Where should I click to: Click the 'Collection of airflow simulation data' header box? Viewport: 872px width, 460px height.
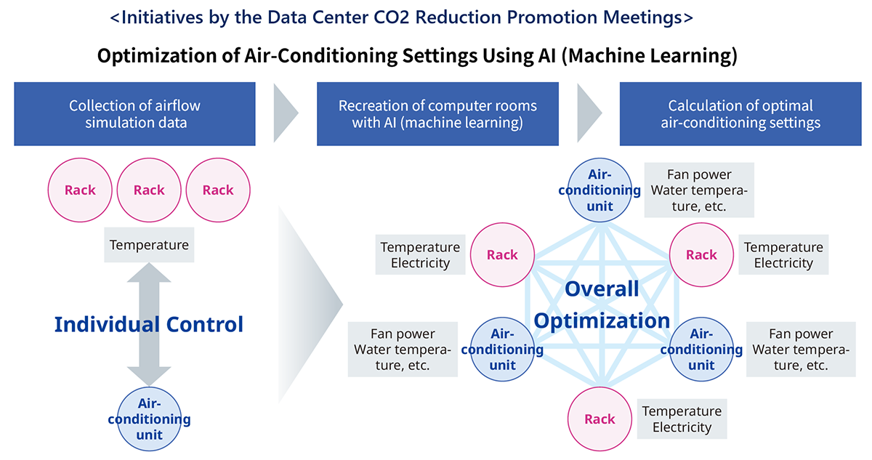click(134, 113)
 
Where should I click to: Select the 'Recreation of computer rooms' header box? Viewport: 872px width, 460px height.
click(437, 113)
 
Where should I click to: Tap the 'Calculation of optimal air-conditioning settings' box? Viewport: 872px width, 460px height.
click(740, 113)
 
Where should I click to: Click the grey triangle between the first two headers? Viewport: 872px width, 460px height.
click(286, 113)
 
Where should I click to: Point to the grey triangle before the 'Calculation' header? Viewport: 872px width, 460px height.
click(589, 113)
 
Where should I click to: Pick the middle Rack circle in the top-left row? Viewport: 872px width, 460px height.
click(149, 190)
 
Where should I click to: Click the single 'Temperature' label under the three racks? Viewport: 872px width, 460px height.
click(149, 245)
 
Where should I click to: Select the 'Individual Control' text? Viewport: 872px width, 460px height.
click(149, 324)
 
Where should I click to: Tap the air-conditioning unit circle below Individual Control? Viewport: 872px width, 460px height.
click(149, 419)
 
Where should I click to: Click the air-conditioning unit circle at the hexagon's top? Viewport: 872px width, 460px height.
click(599, 190)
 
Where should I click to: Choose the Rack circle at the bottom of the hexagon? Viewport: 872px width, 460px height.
click(599, 419)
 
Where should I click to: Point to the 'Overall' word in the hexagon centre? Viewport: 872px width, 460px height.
click(602, 288)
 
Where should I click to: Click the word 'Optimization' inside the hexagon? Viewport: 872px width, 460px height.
click(602, 320)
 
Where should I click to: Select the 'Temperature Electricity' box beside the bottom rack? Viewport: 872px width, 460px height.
click(682, 419)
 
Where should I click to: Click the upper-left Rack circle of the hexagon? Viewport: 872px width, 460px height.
click(502, 254)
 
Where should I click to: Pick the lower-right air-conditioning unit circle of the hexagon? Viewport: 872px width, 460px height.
click(701, 349)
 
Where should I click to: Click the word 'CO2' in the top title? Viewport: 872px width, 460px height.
click(392, 17)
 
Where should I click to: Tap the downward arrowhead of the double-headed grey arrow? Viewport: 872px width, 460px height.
click(149, 376)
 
